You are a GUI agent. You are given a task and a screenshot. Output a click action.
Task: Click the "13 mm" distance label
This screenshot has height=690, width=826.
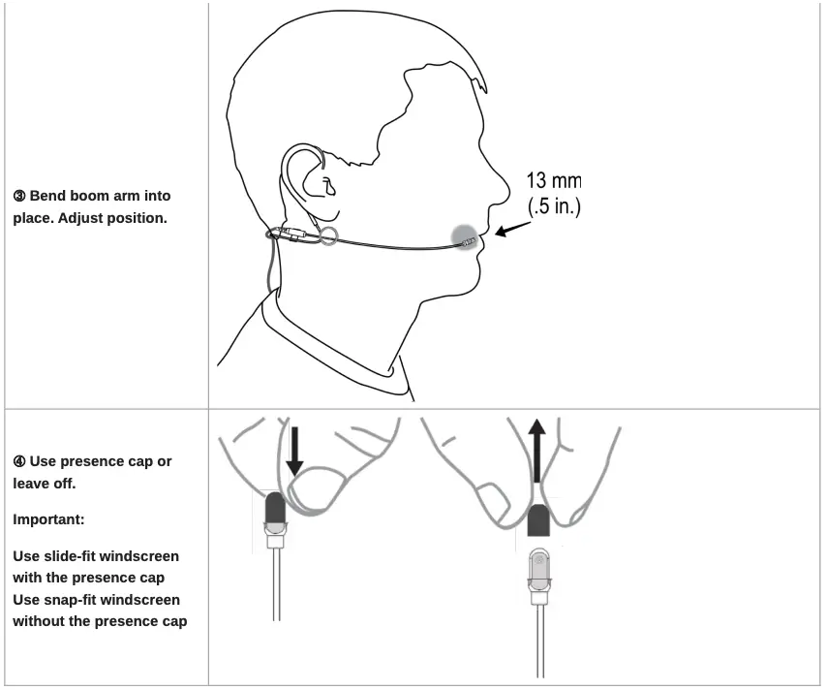pos(553,181)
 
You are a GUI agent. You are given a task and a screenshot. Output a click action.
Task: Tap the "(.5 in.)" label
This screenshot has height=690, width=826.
pos(553,206)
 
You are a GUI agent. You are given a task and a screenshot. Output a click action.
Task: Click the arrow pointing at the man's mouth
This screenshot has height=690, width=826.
pos(513,229)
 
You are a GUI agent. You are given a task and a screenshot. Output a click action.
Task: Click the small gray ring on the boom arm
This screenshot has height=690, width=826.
pos(328,236)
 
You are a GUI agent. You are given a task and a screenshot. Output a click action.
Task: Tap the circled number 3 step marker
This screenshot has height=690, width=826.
pos(19,197)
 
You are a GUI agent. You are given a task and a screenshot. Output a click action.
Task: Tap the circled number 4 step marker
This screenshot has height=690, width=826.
pos(19,461)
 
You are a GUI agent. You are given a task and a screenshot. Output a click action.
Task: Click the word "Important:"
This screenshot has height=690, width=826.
pos(47,519)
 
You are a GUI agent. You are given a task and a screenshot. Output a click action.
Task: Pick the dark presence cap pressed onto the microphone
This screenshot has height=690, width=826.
pos(274,506)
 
